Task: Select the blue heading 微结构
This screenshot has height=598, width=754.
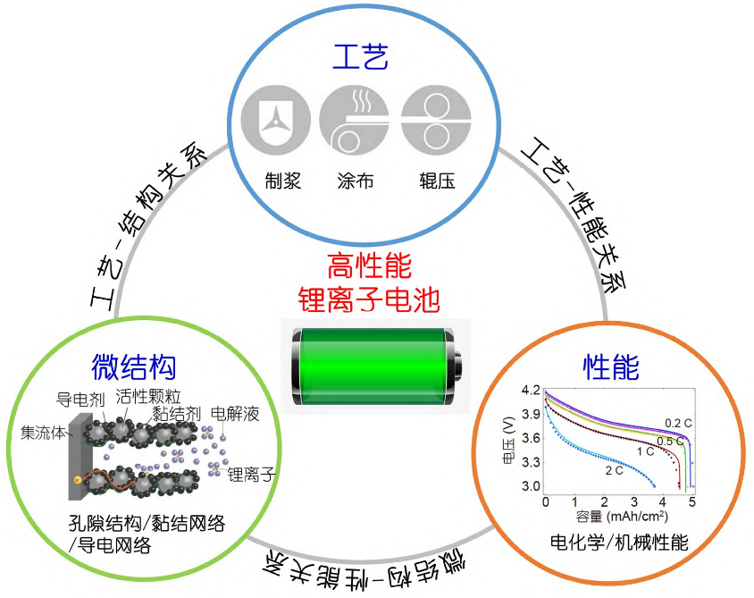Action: pos(134,366)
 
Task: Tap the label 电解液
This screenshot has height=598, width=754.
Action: pos(235,414)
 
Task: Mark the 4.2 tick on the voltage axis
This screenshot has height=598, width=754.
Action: pos(531,391)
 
